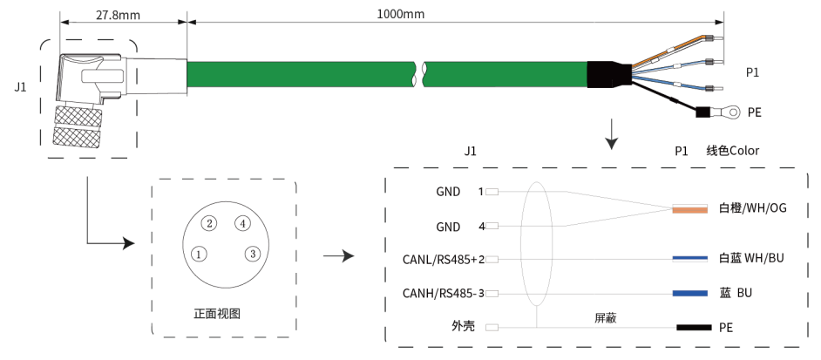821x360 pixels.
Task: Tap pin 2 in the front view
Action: (209, 223)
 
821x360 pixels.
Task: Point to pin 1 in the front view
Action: (200, 255)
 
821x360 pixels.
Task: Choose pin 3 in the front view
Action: (252, 254)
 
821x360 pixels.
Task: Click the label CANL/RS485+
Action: (439, 260)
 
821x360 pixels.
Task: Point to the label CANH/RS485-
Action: (439, 293)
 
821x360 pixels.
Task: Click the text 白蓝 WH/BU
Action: (751, 259)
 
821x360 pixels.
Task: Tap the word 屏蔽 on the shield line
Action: (606, 318)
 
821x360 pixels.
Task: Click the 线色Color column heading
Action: (732, 151)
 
